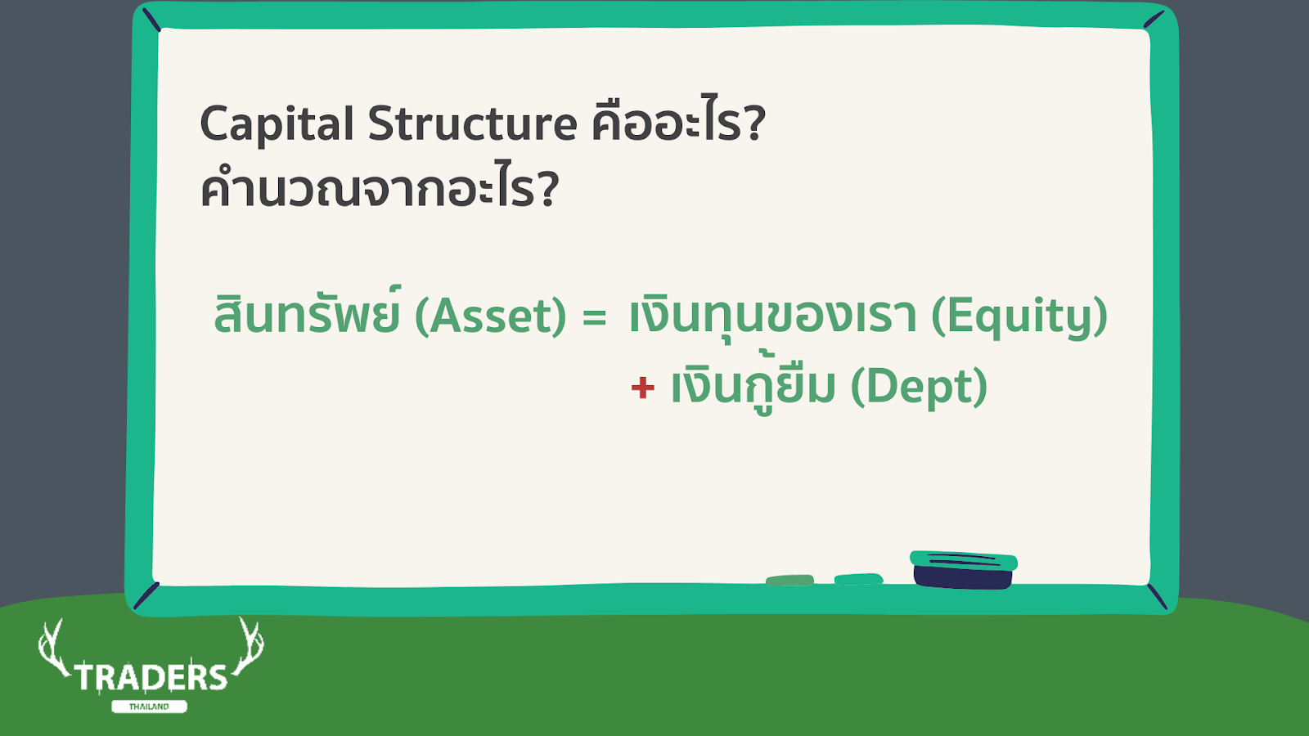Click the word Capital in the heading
[x=277, y=124]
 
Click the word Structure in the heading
[x=472, y=123]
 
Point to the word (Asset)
[x=490, y=316]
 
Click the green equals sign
[x=594, y=318]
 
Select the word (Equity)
[x=1019, y=316]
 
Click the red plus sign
[x=643, y=388]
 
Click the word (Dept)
[x=919, y=386]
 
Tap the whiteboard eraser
[x=963, y=570]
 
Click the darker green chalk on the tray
[x=790, y=580]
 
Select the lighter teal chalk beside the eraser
[x=858, y=579]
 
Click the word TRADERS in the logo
[x=151, y=678]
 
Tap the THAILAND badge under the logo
[x=149, y=707]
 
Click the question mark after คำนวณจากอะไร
[x=548, y=187]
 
